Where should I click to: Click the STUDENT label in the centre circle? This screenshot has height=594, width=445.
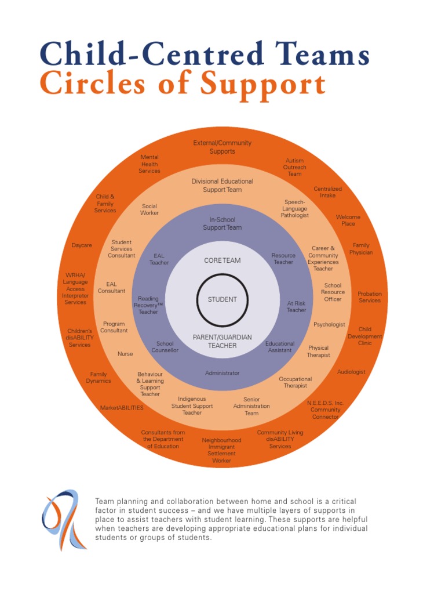222,299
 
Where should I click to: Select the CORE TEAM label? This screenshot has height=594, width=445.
222,260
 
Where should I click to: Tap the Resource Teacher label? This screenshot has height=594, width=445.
283,259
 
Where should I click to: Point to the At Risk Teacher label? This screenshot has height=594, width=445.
296,306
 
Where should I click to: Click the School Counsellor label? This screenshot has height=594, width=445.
165,347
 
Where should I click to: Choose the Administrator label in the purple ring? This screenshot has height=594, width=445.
222,373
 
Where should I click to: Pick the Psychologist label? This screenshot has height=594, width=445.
329,324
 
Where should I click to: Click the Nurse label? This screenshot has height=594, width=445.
125,354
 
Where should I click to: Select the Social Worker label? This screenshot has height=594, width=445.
149,209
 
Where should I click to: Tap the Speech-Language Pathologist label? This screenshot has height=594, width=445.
295,208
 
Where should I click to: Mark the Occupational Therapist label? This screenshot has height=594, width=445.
296,382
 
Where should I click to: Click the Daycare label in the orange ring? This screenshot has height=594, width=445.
82,245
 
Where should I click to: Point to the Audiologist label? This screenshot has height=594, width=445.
351,372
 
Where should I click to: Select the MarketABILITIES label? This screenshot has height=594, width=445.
122,408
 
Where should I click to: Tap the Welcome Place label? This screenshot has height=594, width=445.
348,220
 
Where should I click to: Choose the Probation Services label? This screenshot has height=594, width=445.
370,297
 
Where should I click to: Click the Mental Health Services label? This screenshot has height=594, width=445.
149,164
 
